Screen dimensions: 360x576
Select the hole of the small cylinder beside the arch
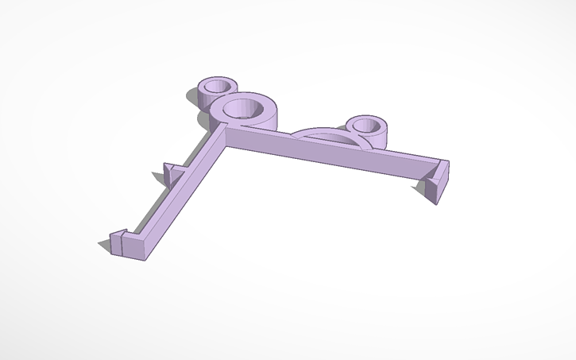(367, 125)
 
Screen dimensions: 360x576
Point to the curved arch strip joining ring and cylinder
(318, 129)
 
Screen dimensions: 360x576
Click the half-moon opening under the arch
(329, 140)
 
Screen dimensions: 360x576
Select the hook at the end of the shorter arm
(119, 240)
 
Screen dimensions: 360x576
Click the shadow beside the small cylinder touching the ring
(192, 97)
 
